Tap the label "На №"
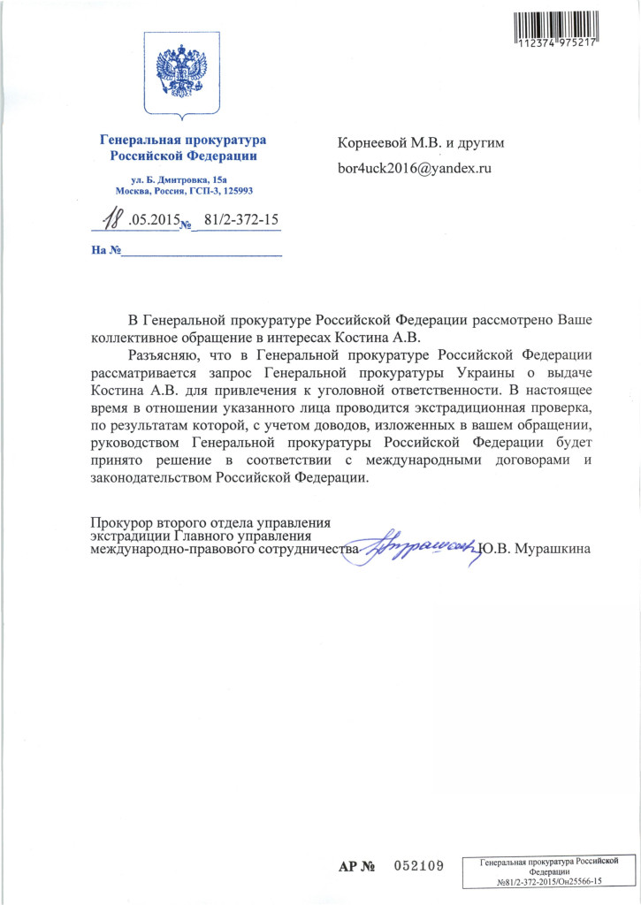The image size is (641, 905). tap(105, 250)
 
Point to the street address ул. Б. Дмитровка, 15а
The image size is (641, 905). tap(181, 178)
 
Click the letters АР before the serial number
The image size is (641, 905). tap(349, 864)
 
